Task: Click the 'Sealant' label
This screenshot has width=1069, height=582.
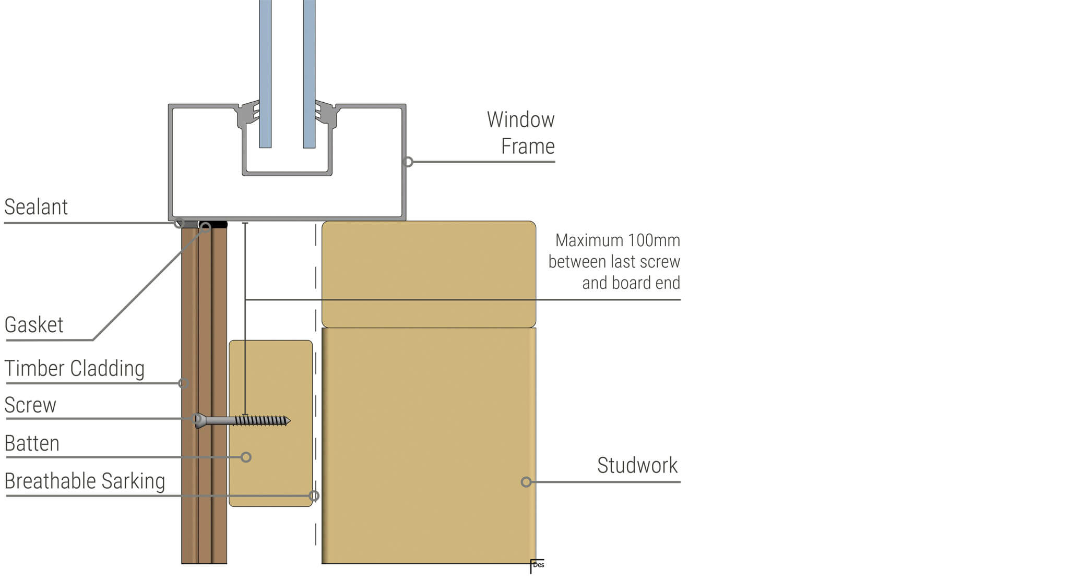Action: click(x=36, y=207)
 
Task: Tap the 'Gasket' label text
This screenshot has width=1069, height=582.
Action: click(x=34, y=325)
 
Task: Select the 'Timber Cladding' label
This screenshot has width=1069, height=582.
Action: click(x=75, y=369)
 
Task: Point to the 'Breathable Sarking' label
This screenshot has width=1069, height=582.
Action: click(x=85, y=481)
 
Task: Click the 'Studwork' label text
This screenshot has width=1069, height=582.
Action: click(x=637, y=465)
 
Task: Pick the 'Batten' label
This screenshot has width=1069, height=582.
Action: click(x=32, y=443)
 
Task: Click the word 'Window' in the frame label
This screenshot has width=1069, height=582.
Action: click(x=520, y=119)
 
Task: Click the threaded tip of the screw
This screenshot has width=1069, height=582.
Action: click(x=286, y=420)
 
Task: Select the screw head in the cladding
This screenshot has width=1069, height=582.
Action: click(x=199, y=420)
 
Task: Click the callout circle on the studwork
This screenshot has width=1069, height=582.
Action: click(x=526, y=482)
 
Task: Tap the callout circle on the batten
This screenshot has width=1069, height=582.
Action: click(x=246, y=457)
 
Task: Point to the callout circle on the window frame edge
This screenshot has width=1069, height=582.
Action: click(x=409, y=162)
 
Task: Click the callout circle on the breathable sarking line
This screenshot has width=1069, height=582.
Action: click(x=314, y=496)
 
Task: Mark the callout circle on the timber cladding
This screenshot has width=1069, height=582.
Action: click(x=184, y=383)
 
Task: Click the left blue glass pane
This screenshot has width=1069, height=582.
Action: click(x=265, y=73)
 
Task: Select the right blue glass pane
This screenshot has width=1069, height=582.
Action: click(x=309, y=73)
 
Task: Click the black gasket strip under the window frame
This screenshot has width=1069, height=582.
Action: click(x=219, y=225)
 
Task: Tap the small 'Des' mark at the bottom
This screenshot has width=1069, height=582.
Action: click(x=539, y=565)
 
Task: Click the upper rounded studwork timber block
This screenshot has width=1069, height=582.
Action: click(x=429, y=274)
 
